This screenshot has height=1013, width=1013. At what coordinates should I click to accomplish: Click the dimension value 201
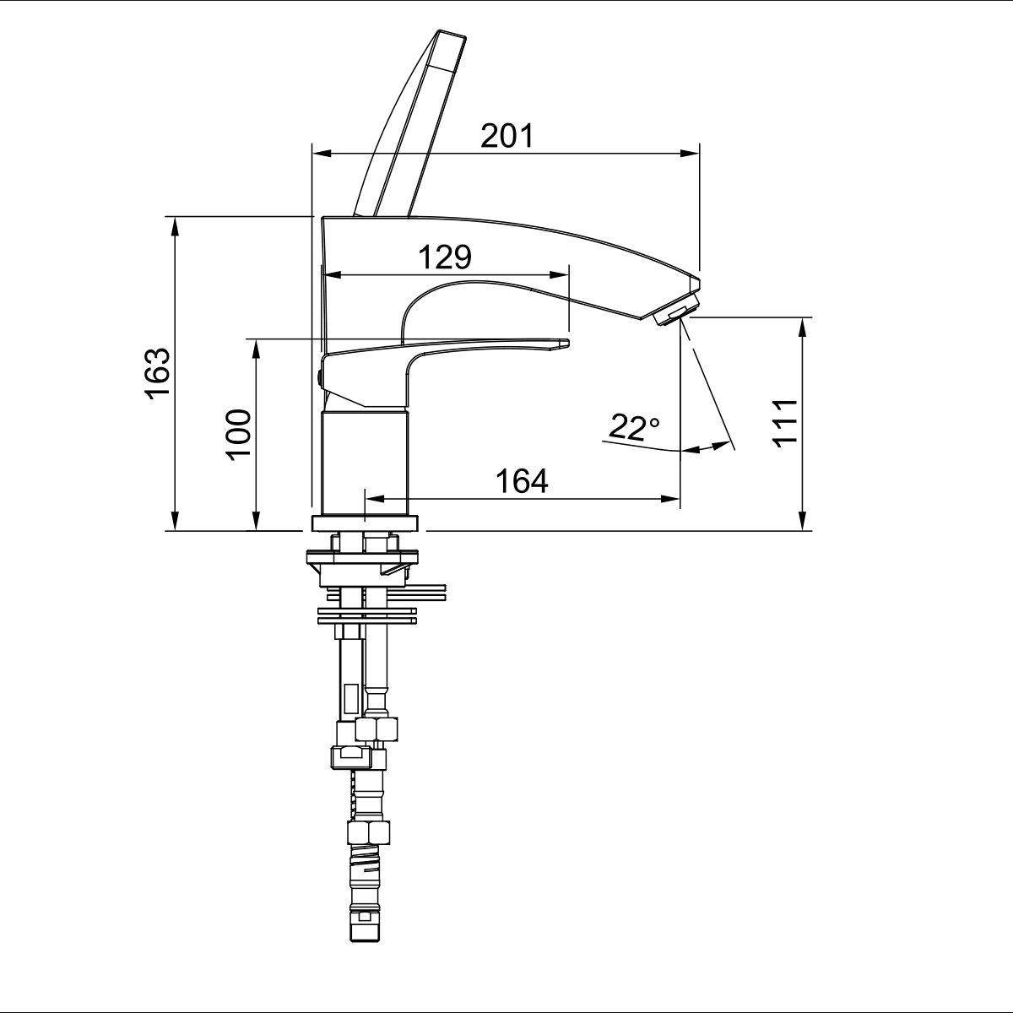(506, 136)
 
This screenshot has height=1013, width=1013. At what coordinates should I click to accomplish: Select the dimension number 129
(445, 257)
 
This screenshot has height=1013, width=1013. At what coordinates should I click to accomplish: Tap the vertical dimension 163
(158, 373)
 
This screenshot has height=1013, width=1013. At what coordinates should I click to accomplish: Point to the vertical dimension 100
(239, 435)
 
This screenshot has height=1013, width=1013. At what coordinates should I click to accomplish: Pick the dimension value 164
(522, 480)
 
